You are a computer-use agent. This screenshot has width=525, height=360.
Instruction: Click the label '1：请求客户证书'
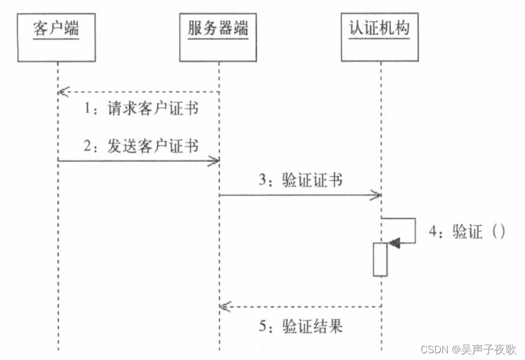coord(141,108)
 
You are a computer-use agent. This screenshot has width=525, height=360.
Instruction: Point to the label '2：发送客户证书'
coord(141,146)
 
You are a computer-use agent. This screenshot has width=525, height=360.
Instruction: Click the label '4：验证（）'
coord(467,232)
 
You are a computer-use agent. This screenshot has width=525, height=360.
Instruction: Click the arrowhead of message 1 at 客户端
coord(62,92)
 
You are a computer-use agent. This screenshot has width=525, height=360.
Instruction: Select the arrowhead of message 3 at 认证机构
coord(376,195)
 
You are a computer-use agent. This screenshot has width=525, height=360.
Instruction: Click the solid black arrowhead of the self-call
coord(394,243)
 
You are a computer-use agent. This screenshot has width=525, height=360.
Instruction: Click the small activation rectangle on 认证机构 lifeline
coord(380,259)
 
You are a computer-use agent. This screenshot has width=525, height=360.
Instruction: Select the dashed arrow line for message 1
coord(140,92)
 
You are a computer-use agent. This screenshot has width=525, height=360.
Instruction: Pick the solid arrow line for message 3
coord(296,195)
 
